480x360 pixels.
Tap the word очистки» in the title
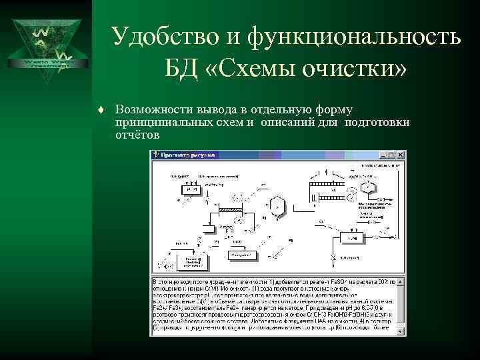click(349, 68)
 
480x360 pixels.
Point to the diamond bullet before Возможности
click(99, 109)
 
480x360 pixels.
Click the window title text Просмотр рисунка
click(189, 155)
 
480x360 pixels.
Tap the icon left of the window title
click(157, 155)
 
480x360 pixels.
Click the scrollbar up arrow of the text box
click(401, 282)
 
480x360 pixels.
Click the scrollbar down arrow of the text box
click(401, 331)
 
